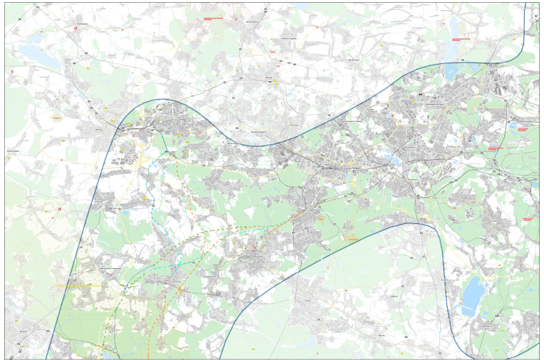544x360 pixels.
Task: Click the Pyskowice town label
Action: click(x=83, y=24)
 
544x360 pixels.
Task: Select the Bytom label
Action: click(x=268, y=78)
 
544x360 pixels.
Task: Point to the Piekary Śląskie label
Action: click(x=288, y=39)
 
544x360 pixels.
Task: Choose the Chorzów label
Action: click(x=294, y=126)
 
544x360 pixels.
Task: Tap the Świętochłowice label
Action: click(x=257, y=132)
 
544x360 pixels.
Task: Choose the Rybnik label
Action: click(x=23, y=330)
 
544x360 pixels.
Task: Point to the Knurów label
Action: click(x=99, y=201)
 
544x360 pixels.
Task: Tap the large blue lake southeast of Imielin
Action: click(x=472, y=294)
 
